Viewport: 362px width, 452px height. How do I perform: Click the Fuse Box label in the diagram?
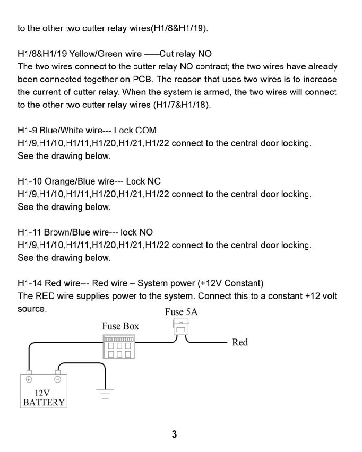(120, 326)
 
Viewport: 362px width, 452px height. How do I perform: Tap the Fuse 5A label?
(181, 312)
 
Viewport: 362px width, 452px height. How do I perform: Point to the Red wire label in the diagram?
(240, 343)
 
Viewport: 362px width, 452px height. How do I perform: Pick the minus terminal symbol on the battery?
(58, 379)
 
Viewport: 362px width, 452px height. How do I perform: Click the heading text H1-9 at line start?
(28, 131)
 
